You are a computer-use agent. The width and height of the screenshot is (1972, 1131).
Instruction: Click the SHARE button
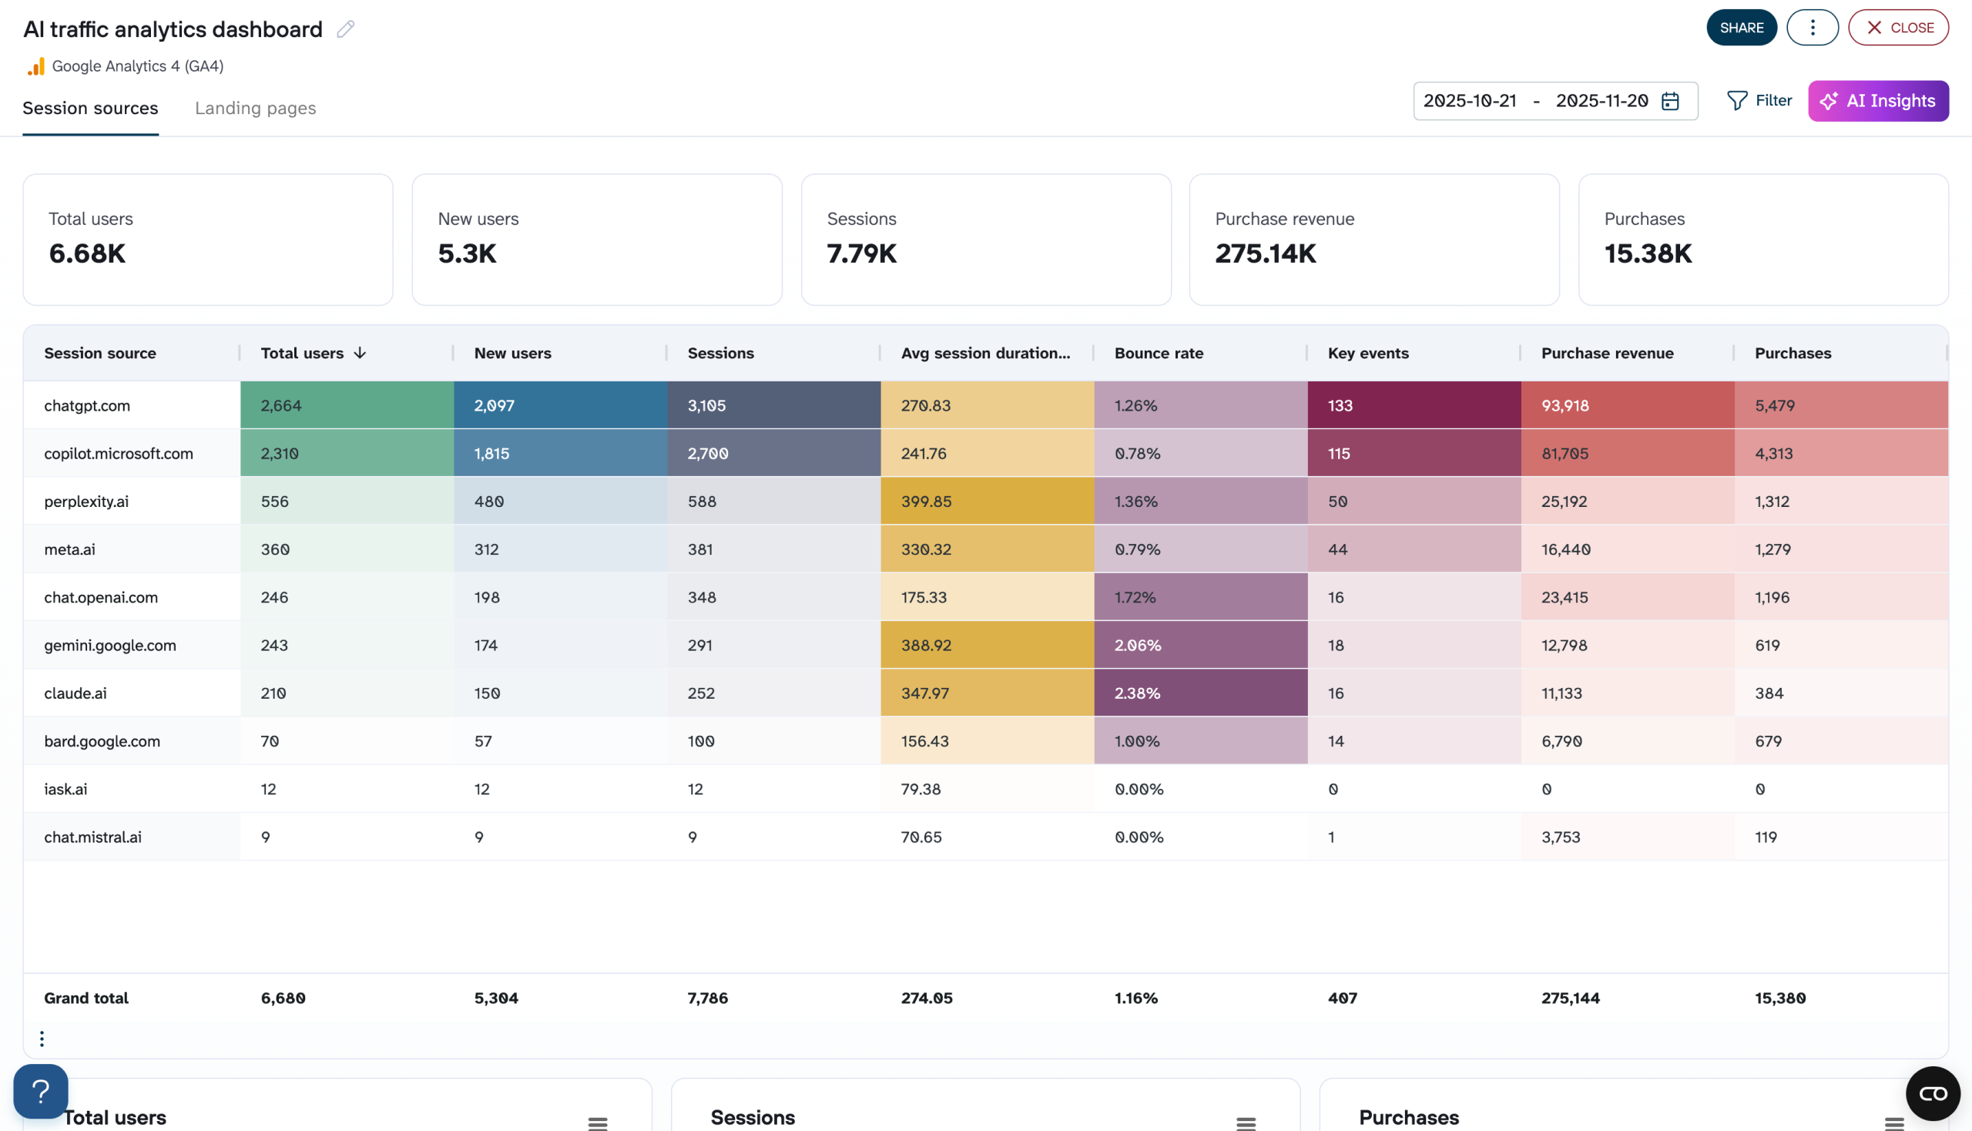pos(1741,28)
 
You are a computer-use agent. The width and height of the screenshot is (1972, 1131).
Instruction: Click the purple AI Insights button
pos(1877,101)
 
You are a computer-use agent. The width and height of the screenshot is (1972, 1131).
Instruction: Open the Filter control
pos(1759,101)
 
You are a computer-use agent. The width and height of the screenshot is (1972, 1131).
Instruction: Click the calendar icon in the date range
pos(1670,102)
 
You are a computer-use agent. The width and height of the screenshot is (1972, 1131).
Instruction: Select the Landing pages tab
pos(255,108)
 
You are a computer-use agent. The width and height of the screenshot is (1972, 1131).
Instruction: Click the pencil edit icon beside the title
pos(346,29)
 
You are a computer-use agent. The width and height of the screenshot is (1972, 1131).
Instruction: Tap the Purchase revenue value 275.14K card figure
pos(1265,254)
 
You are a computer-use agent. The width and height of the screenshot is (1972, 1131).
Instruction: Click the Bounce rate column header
pos(1158,354)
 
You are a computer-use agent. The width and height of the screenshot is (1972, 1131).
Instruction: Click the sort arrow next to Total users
pos(360,354)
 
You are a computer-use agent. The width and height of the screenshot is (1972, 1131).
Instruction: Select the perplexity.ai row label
pos(86,502)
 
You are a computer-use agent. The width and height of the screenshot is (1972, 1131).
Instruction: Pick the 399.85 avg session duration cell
pos(926,502)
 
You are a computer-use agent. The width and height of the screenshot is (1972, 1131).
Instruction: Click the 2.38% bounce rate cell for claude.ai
pos(1137,693)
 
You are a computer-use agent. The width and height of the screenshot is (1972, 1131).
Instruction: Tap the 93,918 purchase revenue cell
pos(1565,405)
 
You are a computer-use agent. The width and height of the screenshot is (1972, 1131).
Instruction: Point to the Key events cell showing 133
pos(1340,405)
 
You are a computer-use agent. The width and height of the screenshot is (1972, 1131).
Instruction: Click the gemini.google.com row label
pos(109,646)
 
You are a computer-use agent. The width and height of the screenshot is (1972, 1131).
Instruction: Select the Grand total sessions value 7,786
pos(708,998)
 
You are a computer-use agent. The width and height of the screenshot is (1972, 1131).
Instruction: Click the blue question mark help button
pos(40,1091)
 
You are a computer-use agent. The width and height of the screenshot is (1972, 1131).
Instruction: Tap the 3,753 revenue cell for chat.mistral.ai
pos(1561,837)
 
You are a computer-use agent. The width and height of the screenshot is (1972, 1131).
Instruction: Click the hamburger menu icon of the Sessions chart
pos(1246,1123)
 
